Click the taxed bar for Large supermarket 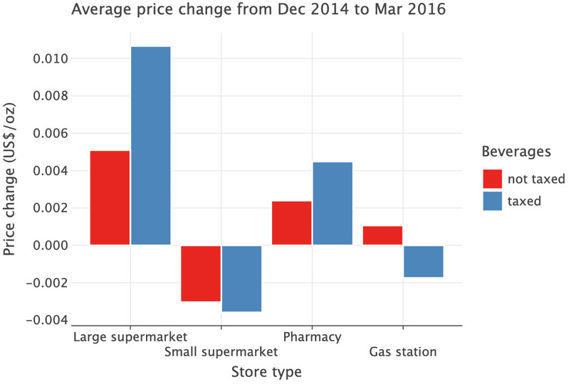[150, 146]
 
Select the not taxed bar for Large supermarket [110, 198]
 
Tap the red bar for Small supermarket [201, 273]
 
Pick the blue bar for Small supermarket [241, 278]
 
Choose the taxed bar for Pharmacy [332, 203]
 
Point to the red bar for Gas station [382, 235]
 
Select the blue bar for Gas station [423, 261]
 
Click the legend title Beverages [516, 151]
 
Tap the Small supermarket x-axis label [221, 352]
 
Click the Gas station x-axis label [402, 352]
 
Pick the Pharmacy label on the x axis [312, 336]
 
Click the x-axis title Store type [266, 372]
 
